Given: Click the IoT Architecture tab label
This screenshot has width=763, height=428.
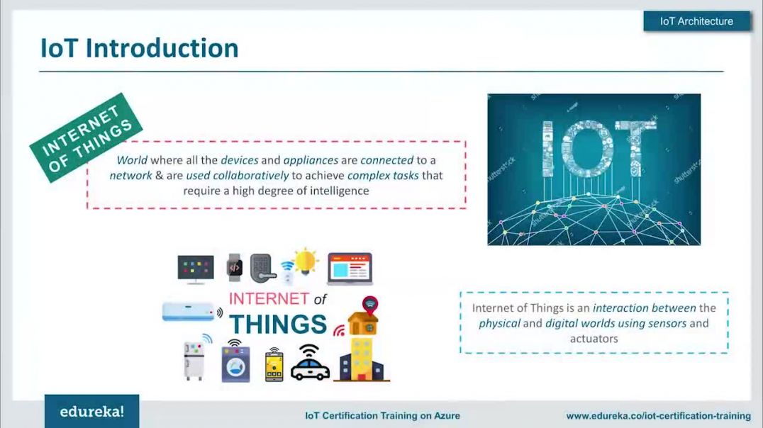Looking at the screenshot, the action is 696,21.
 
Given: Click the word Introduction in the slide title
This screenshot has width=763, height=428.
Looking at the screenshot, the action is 162,48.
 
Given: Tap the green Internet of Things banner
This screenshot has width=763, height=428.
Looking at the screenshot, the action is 86,137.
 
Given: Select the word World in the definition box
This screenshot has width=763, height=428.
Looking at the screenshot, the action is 132,160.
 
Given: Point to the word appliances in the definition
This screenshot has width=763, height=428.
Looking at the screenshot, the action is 311,160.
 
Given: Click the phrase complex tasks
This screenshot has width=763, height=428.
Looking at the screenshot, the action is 383,176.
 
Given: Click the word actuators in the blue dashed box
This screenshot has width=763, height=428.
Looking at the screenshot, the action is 594,339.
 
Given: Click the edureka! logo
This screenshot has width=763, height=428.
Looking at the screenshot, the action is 92,412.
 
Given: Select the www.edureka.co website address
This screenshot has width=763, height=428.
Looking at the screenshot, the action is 658,416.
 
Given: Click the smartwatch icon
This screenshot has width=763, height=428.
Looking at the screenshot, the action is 235,267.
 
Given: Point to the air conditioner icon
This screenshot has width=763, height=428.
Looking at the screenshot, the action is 189,311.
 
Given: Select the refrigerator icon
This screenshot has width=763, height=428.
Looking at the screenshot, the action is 194,361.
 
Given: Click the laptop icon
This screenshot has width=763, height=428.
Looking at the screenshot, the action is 350,269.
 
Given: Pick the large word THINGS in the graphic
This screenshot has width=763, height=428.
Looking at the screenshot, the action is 278,325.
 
